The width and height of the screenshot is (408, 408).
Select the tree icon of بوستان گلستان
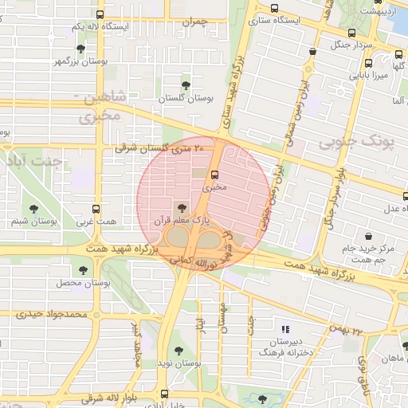(186, 84)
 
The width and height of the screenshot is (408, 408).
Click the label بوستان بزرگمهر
(81, 61)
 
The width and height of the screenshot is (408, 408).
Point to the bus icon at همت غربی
(97, 209)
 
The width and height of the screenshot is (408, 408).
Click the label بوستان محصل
(76, 283)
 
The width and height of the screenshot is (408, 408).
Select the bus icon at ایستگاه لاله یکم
(100, 14)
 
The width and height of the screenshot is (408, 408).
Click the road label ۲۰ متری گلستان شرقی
(159, 147)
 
